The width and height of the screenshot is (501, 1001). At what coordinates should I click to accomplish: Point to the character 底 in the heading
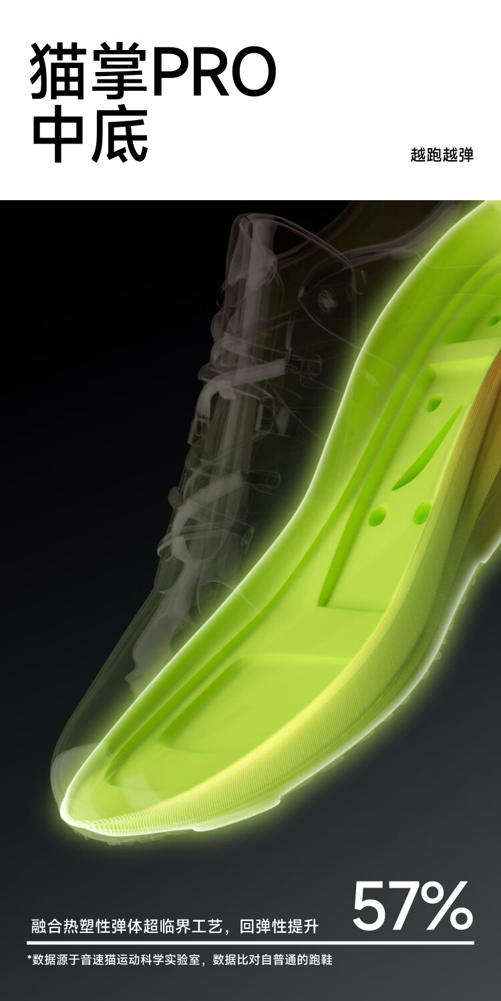pos(120,134)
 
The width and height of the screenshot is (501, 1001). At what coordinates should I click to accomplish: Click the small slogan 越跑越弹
pos(442,155)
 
